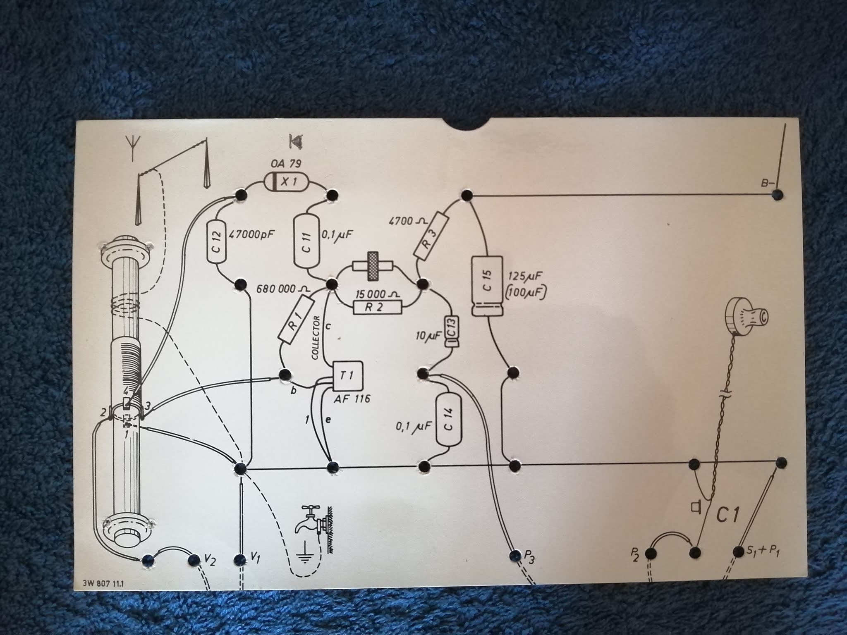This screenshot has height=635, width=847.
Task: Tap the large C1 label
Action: (727, 516)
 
